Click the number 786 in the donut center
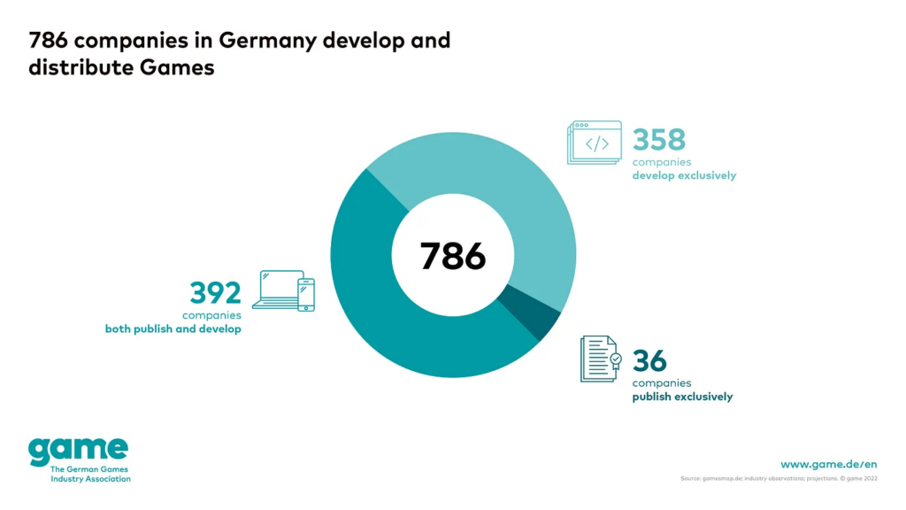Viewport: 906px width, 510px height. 453,256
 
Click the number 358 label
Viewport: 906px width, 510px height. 659,140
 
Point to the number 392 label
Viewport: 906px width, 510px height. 216,292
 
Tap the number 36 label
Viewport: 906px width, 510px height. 649,361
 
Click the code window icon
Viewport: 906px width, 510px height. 595,143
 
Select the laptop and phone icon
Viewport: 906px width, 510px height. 283,290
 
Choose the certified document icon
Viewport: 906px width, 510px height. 600,359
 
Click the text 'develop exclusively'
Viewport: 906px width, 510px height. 684,175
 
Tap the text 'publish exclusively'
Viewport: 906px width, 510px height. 682,397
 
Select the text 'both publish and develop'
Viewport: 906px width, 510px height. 173,329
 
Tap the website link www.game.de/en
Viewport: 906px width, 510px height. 828,464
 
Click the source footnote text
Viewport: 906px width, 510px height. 779,479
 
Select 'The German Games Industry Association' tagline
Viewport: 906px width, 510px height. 90,474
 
